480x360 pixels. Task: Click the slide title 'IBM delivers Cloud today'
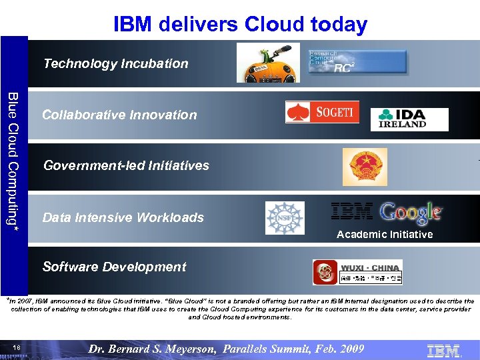pyautogui.click(x=240, y=25)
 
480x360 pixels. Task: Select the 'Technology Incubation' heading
pyautogui.click(x=115, y=64)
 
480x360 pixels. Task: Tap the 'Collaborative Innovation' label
pyautogui.click(x=119, y=115)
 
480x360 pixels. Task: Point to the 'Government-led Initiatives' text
pyautogui.click(x=126, y=165)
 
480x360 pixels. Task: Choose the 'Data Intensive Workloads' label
pyautogui.click(x=123, y=217)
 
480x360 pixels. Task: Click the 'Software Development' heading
pyautogui.click(x=114, y=267)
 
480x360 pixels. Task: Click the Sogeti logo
pyautogui.click(x=322, y=112)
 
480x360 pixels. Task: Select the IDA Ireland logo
pyautogui.click(x=409, y=119)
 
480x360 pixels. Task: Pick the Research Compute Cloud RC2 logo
pyautogui.click(x=357, y=61)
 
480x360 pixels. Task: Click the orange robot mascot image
pyautogui.click(x=263, y=63)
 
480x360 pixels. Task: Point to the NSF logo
pyautogui.click(x=284, y=218)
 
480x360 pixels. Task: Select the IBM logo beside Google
pyautogui.click(x=352, y=212)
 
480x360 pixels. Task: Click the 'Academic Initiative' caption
pyautogui.click(x=385, y=235)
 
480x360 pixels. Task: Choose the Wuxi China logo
pyautogui.click(x=357, y=272)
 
